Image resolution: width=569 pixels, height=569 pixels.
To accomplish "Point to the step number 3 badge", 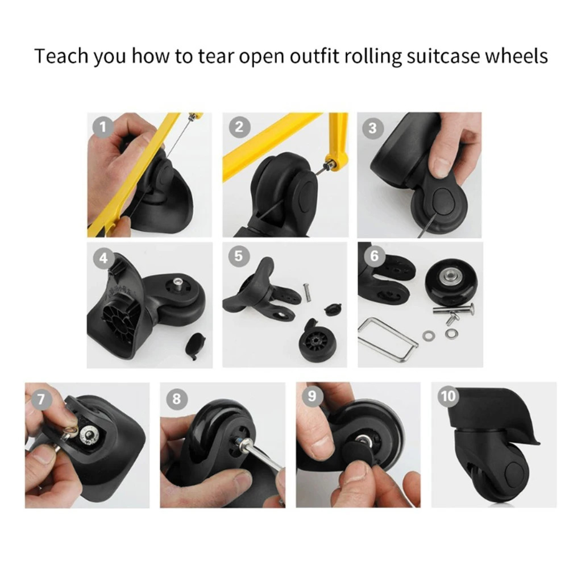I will click(x=372, y=128).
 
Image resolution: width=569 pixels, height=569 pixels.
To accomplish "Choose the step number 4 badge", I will click(x=103, y=258).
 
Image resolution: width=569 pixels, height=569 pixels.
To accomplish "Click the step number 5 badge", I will click(x=238, y=256).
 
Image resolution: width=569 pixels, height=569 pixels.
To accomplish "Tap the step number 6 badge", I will click(x=373, y=256).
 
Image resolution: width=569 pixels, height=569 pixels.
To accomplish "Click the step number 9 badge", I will click(x=312, y=396).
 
